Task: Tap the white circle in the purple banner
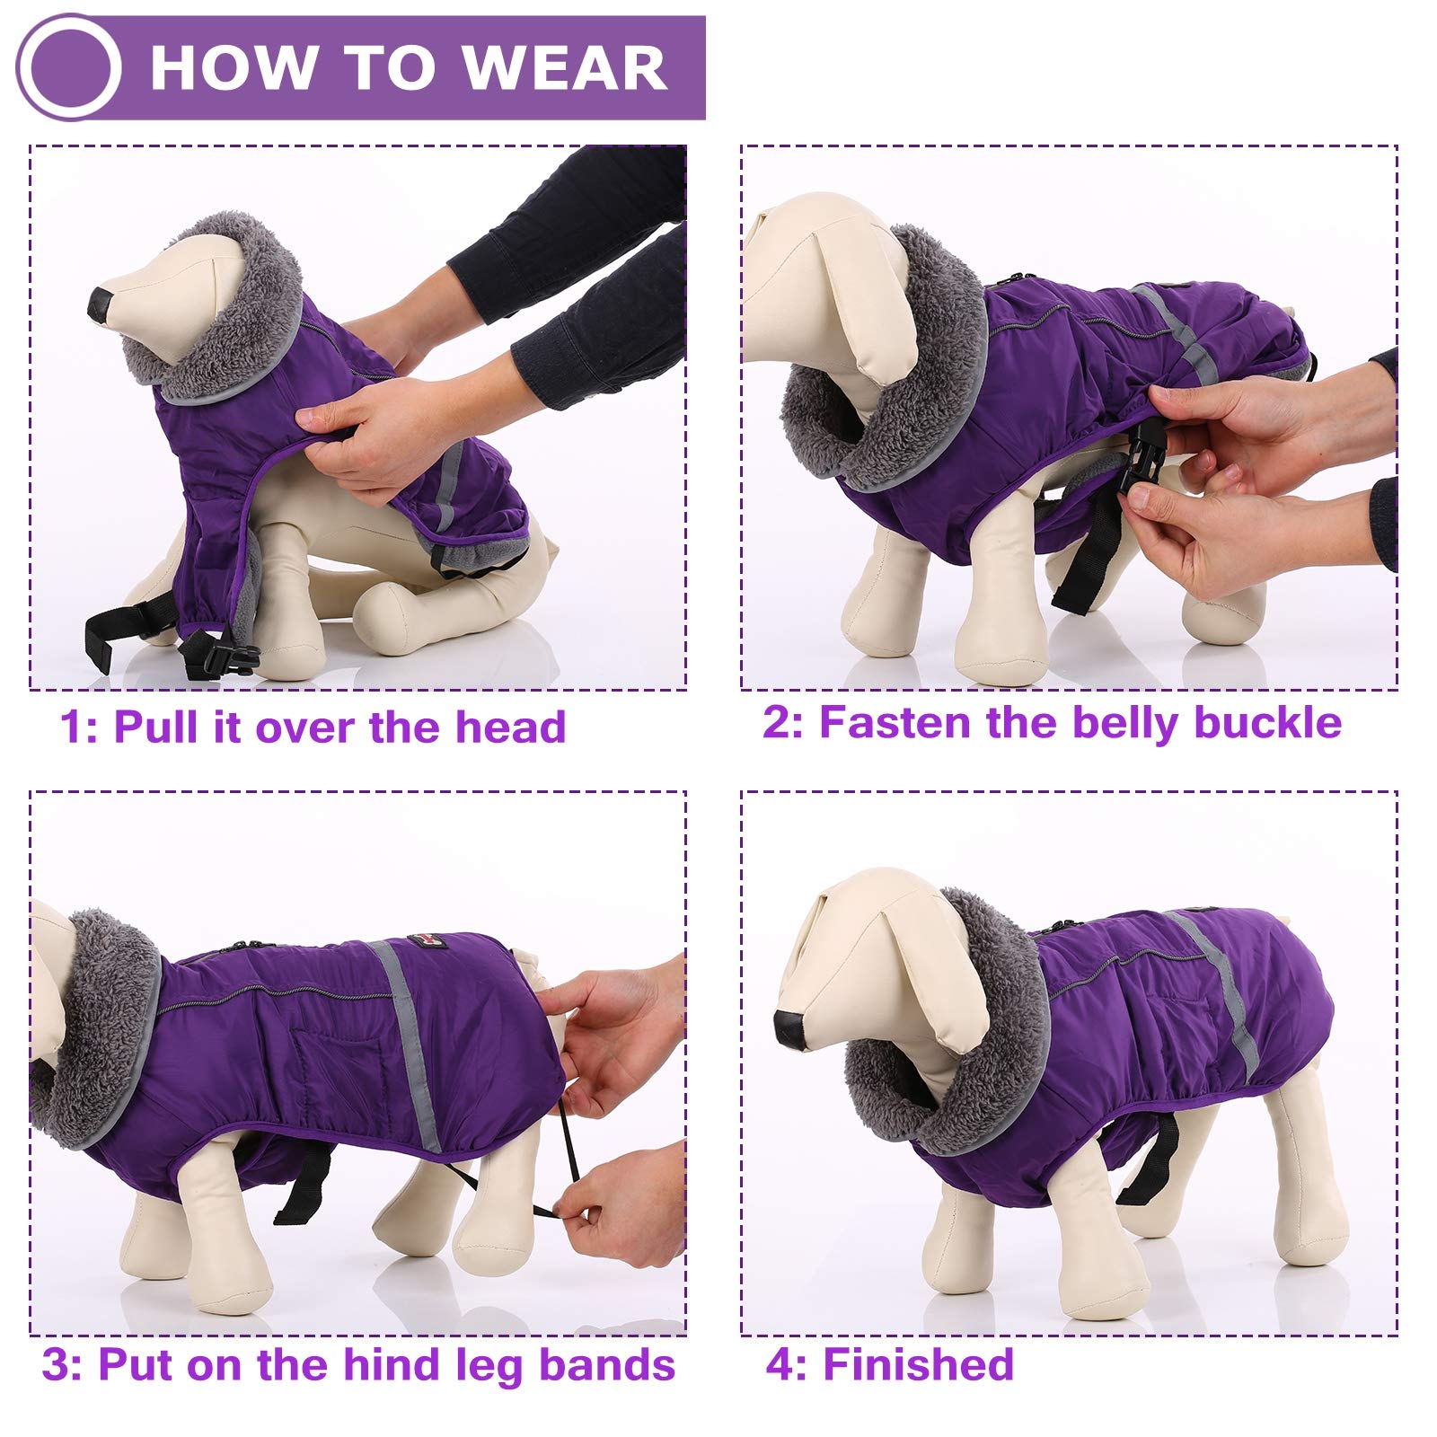point(69,68)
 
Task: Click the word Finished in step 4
point(918,1364)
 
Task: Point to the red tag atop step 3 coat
point(420,940)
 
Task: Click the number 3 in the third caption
point(55,1365)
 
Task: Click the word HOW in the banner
point(234,67)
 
